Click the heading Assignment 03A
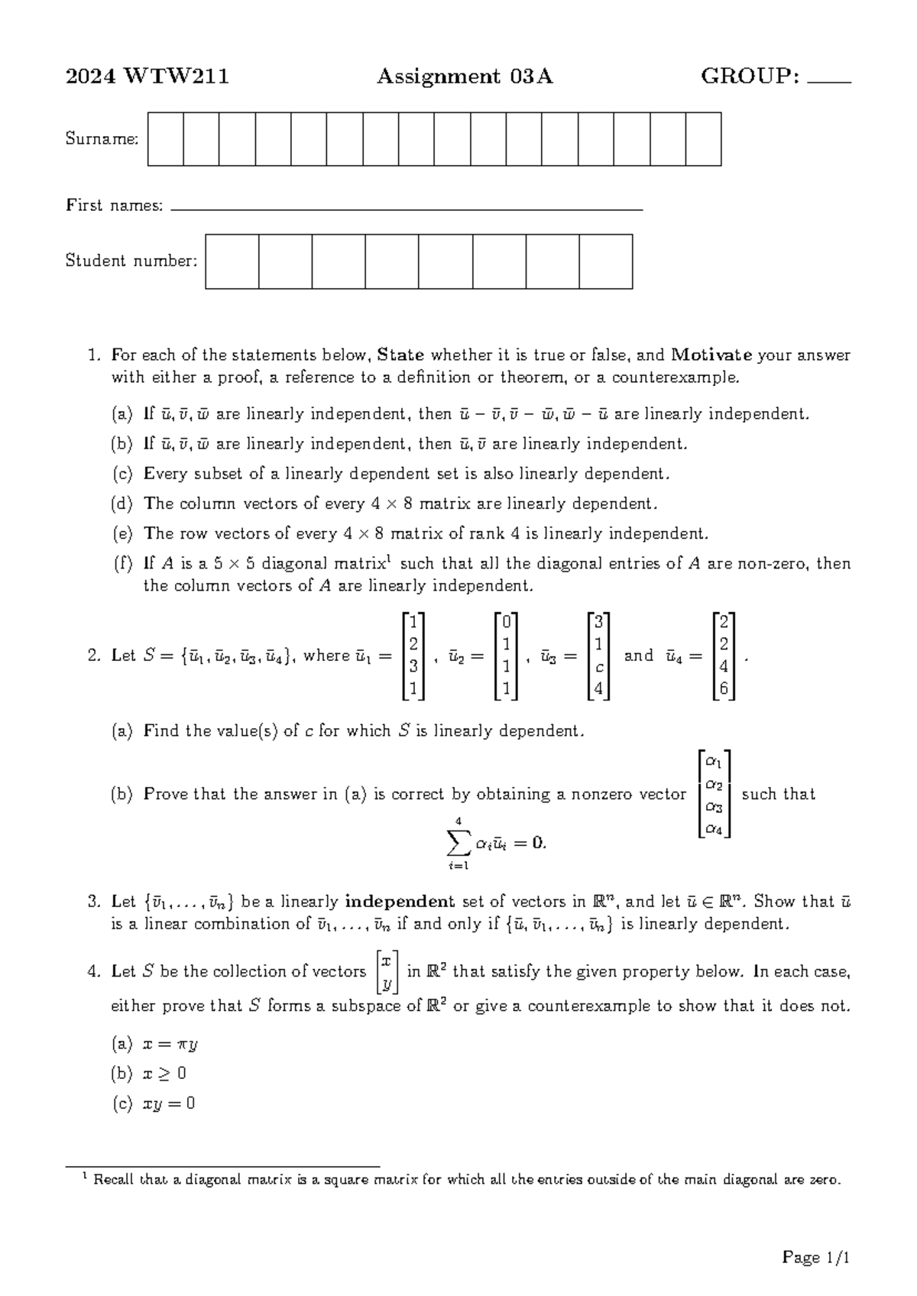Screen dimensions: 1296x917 click(x=465, y=76)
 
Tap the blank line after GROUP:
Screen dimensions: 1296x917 click(x=829, y=80)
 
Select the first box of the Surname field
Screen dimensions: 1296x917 click(x=165, y=139)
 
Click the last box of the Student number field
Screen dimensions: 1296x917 click(x=606, y=261)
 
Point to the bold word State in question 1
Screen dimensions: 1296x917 click(x=400, y=355)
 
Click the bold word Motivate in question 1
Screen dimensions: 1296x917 click(x=711, y=355)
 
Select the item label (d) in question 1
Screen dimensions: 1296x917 click(x=122, y=504)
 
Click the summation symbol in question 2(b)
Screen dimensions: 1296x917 click(x=457, y=844)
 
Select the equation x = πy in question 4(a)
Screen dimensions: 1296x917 click(x=170, y=1044)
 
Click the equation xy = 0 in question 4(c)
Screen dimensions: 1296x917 click(x=169, y=1103)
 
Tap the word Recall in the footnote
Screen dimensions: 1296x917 click(x=115, y=1179)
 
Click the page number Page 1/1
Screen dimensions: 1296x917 click(x=816, y=1257)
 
